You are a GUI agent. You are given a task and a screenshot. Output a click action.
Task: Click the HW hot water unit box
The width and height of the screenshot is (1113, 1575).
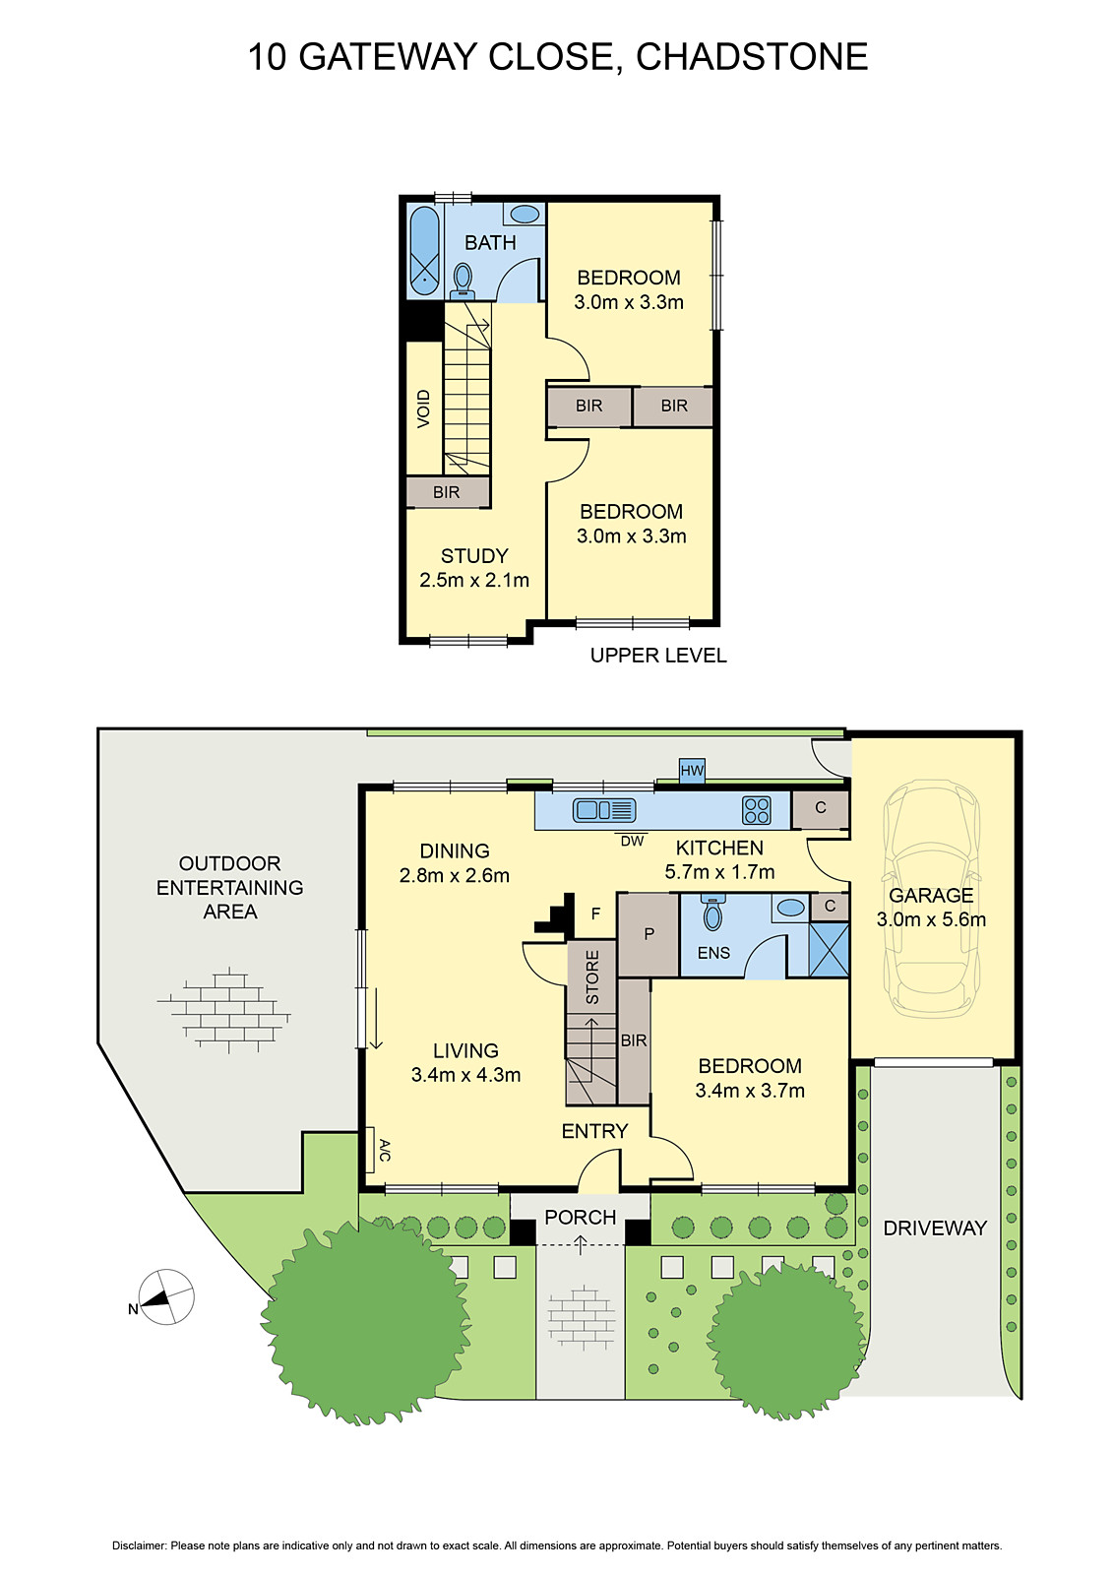click(x=692, y=771)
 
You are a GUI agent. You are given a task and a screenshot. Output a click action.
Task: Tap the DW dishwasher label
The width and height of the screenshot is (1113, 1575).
click(x=632, y=841)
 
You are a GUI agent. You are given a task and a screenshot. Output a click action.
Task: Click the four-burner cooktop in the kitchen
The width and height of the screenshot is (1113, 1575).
click(x=757, y=810)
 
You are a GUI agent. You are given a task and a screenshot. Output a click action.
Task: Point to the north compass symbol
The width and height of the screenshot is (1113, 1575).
click(x=165, y=1297)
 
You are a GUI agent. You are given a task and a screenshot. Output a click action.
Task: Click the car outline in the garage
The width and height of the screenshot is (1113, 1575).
click(x=931, y=898)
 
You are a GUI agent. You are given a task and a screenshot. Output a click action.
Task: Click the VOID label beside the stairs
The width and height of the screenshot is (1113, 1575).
click(x=424, y=409)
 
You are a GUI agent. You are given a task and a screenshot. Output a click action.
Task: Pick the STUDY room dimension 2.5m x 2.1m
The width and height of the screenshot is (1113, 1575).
click(x=474, y=581)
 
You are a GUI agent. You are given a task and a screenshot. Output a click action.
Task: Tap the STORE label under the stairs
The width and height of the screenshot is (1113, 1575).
click(x=592, y=976)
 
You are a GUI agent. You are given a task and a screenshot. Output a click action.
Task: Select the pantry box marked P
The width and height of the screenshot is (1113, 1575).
click(x=649, y=934)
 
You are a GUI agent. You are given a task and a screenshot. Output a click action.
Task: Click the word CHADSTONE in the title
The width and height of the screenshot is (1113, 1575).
click(x=752, y=57)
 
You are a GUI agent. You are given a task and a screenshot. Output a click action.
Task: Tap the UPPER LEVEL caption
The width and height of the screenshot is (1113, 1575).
click(x=658, y=656)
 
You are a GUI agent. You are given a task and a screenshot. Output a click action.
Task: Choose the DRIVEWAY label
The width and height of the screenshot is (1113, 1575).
click(x=934, y=1228)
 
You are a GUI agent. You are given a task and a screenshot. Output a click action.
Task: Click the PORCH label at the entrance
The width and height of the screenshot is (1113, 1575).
click(x=580, y=1217)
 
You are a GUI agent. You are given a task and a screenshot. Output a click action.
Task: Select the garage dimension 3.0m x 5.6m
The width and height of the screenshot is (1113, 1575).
click(x=931, y=919)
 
